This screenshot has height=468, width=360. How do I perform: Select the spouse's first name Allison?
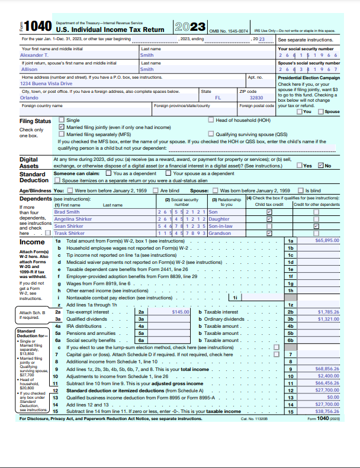click(29, 69)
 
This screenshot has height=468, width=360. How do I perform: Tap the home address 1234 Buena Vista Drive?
click(46, 83)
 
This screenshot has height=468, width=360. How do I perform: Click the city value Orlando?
click(30, 98)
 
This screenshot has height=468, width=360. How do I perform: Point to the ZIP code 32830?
click(256, 98)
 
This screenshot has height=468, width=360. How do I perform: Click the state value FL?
click(218, 98)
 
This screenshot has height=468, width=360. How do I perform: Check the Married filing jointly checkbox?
click(62, 127)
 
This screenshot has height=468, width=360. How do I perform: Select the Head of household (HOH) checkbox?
click(211, 120)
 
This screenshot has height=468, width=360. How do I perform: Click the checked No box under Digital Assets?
click(321, 166)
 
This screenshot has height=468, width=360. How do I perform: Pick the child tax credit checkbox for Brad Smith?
click(270, 212)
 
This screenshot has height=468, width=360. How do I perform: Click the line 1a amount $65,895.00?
click(327, 241)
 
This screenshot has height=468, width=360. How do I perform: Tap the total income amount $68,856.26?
click(327, 369)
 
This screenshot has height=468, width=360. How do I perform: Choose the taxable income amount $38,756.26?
click(327, 411)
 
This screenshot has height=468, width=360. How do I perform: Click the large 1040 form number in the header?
click(40, 26)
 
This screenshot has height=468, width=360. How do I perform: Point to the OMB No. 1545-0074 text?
click(229, 30)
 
